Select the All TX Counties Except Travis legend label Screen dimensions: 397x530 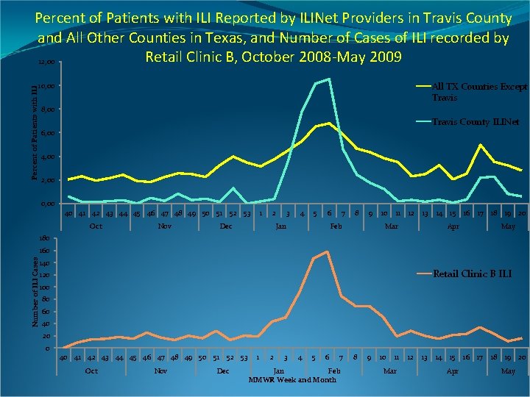coord(478,92)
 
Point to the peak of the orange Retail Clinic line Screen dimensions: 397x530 coord(326,251)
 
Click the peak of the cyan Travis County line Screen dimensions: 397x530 coord(328,79)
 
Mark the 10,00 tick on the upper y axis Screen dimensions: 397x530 coord(48,87)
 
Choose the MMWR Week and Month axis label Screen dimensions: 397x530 coord(292,380)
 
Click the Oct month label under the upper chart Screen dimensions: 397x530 coord(96,226)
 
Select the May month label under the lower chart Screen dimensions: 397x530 coord(508,371)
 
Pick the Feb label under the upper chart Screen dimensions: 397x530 coord(336,226)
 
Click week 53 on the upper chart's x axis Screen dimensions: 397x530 coord(247,213)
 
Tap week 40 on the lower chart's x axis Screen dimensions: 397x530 coord(64,357)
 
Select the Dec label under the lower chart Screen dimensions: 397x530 coord(223,371)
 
